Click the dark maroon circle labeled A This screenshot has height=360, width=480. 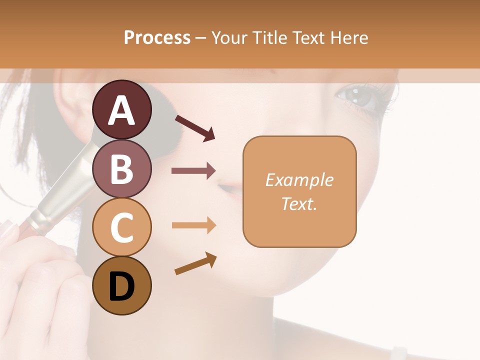tap(122, 110)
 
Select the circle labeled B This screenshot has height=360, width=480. tap(122, 168)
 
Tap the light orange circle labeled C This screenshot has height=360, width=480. tap(122, 227)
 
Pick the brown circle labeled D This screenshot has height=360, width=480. tap(122, 285)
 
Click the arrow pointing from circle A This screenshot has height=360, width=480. tap(194, 128)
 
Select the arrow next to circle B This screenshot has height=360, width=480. tap(193, 171)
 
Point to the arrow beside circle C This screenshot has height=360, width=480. tap(193, 225)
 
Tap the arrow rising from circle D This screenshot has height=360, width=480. tap(195, 263)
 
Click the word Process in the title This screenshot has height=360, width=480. tap(157, 37)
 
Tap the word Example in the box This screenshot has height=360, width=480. tap(299, 180)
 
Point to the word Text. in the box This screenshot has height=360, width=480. tap(299, 203)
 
